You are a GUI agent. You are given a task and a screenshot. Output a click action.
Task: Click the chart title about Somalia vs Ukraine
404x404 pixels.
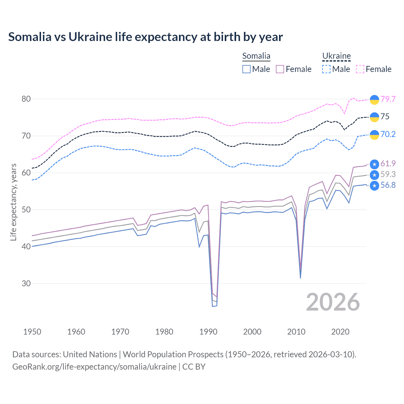(146, 37)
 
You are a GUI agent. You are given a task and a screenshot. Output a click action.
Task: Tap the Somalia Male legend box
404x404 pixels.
(247, 69)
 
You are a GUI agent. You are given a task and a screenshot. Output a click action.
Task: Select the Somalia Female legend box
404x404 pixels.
(280, 69)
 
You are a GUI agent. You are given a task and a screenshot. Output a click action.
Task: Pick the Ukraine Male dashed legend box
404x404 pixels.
(326, 69)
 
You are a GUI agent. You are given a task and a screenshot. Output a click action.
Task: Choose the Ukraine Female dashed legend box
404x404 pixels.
(360, 69)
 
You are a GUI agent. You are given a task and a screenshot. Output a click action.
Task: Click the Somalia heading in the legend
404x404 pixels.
(256, 56)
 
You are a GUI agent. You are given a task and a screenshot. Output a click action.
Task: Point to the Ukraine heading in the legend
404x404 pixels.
(336, 56)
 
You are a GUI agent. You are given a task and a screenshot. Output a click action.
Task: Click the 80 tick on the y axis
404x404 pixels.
(26, 99)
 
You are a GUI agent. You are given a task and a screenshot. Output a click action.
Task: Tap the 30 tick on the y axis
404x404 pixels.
(26, 283)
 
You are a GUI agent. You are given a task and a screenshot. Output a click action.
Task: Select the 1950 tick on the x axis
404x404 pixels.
(32, 332)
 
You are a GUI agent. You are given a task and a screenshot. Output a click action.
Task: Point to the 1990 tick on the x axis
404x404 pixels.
(208, 332)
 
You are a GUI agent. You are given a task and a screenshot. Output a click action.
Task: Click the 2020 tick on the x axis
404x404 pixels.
(340, 332)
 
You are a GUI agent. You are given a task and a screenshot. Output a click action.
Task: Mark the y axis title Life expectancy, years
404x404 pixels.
(13, 202)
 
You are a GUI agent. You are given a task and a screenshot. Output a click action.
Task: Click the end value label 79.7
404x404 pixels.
(388, 99)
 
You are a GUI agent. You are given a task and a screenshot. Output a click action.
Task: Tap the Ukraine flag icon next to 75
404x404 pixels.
(374, 117)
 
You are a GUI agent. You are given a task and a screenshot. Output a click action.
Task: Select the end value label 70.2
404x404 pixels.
(388, 134)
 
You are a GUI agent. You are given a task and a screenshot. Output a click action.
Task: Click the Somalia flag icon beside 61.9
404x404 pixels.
(374, 164)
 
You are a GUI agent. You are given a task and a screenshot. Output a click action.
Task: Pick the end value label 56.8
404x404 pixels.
(388, 185)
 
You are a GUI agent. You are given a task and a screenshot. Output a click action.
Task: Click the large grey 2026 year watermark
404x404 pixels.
(333, 302)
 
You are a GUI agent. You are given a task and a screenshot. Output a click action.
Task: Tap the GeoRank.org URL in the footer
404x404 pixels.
(94, 367)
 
